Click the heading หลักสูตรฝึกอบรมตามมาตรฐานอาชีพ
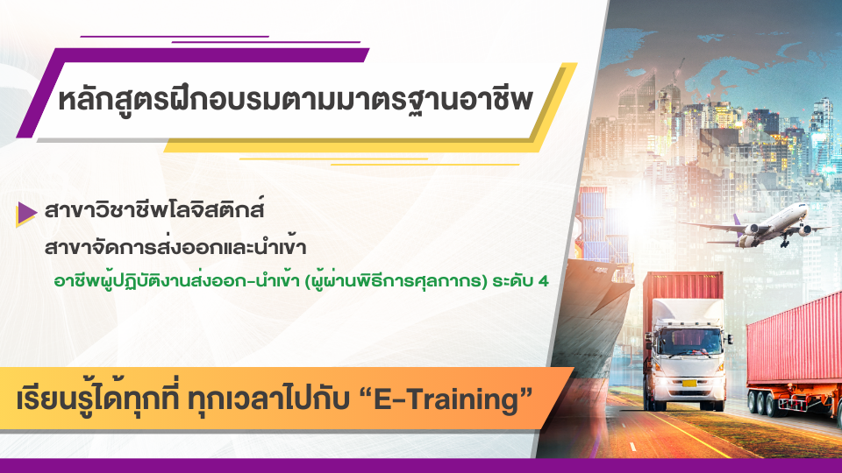click(x=296, y=100)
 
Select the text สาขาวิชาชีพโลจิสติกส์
click(x=154, y=209)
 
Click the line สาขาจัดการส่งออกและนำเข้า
click(x=175, y=247)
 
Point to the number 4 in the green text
click(x=543, y=280)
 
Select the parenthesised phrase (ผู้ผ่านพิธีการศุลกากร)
click(x=396, y=280)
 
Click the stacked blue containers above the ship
click(x=600, y=225)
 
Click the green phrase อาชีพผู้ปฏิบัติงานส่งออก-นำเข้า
click(x=176, y=280)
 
